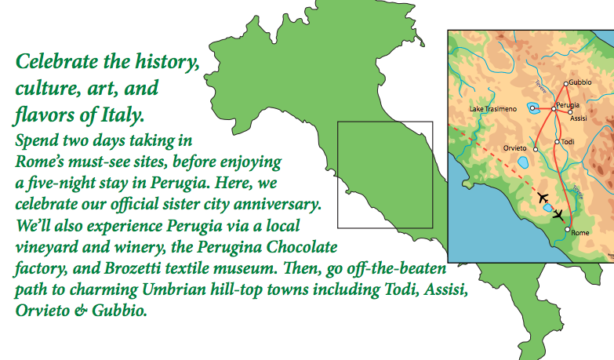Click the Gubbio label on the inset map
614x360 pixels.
[x=580, y=82]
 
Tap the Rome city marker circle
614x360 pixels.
[x=568, y=230]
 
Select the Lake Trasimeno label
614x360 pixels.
[x=493, y=109]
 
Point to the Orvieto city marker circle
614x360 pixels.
[x=536, y=149]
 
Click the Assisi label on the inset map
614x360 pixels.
[x=579, y=118]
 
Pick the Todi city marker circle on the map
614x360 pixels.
[x=557, y=142]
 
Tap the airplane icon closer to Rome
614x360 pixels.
[x=558, y=215]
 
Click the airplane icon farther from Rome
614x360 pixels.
[x=543, y=198]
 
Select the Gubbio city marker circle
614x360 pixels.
[x=566, y=84]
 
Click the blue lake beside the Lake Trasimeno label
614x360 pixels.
[x=532, y=107]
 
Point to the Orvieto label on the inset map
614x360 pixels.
[x=515, y=148]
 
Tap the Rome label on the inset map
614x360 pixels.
[x=580, y=233]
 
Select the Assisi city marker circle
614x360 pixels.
[x=570, y=112]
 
